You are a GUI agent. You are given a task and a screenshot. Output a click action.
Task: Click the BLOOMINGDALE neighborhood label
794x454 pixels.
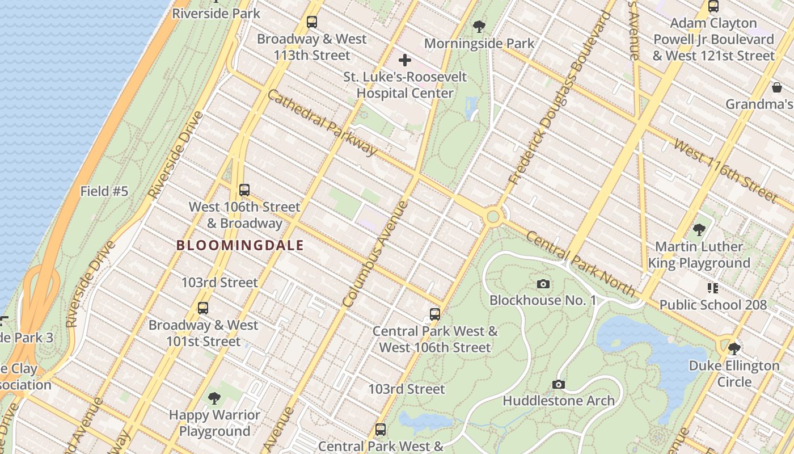(240, 246)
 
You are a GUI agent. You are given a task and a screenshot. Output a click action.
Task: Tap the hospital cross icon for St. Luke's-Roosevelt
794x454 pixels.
(405, 60)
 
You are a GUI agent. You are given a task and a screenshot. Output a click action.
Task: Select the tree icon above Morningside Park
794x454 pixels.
(479, 26)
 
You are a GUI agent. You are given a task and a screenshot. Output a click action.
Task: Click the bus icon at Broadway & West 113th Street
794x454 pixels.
(311, 22)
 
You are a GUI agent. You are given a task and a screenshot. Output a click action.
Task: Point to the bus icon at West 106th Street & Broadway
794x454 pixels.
(244, 190)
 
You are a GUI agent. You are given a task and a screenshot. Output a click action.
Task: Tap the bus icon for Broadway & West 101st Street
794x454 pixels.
(203, 308)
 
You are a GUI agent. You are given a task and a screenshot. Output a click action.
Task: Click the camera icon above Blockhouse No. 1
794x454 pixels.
(543, 284)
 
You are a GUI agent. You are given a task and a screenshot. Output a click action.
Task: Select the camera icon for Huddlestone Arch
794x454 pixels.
(559, 385)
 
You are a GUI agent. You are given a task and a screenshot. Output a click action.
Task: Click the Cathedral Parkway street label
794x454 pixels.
(322, 123)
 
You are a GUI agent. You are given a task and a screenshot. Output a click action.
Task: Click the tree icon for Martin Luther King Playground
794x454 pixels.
(699, 230)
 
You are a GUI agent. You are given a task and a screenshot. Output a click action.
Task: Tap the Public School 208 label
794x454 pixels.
(713, 305)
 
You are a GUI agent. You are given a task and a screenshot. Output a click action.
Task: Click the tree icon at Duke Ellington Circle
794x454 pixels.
(734, 348)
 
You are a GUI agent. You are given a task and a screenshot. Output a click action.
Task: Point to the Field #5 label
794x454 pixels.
(104, 191)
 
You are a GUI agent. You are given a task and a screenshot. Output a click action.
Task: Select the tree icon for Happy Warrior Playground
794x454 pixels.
(214, 398)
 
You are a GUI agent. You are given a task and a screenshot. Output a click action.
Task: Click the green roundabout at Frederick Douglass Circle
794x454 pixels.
(493, 216)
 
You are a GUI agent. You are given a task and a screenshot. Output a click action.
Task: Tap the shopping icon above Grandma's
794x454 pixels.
(776, 87)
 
